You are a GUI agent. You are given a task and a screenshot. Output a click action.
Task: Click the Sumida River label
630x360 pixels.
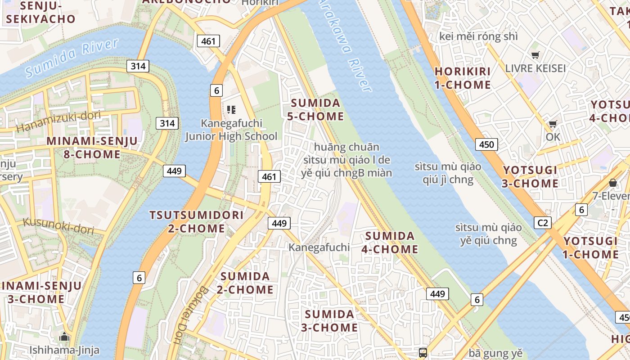72,57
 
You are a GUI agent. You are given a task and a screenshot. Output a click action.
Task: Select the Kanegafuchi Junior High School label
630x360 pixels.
231,130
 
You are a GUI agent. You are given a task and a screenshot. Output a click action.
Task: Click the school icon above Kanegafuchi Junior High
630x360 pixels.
231,110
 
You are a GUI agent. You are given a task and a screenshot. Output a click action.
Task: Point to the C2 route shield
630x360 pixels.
543,222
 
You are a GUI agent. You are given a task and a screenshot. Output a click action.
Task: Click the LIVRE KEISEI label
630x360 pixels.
535,68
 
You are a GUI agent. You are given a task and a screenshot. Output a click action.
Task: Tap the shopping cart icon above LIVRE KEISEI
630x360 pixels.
535,55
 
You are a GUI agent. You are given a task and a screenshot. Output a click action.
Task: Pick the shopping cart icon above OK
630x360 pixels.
553,124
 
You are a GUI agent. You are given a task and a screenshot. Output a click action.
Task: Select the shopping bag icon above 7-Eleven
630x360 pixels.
612,183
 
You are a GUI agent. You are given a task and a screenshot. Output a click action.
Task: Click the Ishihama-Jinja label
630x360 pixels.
64,350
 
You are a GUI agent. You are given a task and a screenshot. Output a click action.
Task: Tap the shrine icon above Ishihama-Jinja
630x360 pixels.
64,337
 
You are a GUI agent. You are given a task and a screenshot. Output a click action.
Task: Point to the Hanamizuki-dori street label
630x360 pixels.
58,122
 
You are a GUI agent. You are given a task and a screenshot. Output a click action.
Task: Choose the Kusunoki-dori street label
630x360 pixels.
58,226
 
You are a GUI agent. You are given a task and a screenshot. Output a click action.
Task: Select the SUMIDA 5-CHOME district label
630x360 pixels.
315,110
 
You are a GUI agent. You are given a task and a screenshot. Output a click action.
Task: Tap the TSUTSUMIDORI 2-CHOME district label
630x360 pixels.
196,222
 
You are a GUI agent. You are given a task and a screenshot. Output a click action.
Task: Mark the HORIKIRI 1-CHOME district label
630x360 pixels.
463,78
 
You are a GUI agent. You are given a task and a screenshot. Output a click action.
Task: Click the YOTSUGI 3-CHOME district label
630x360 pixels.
531,177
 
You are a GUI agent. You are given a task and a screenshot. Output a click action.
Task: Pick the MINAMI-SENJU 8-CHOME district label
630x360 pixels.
92,148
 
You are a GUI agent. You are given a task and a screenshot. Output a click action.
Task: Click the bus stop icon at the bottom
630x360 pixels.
423,352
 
